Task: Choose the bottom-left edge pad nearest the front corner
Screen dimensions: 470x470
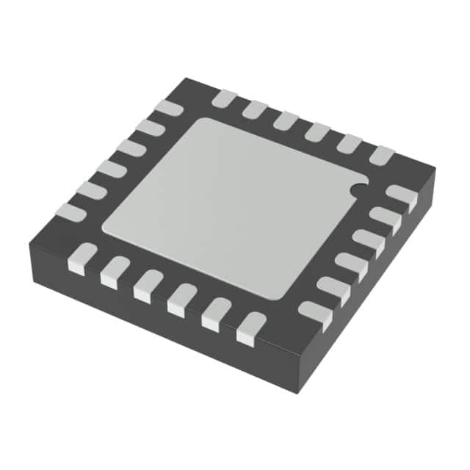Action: (x=250, y=328)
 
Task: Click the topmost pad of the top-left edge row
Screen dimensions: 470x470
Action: (x=168, y=107)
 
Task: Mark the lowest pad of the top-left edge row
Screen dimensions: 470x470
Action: (x=72, y=212)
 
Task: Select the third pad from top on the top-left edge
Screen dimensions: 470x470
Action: (x=131, y=148)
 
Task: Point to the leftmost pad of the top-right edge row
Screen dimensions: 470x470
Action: (x=223, y=98)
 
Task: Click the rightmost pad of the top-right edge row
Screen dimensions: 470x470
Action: (x=381, y=155)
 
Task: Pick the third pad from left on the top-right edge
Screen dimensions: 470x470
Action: (x=286, y=120)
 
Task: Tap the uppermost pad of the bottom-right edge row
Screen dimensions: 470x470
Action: (x=401, y=196)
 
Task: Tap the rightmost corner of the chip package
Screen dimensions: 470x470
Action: (x=435, y=170)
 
